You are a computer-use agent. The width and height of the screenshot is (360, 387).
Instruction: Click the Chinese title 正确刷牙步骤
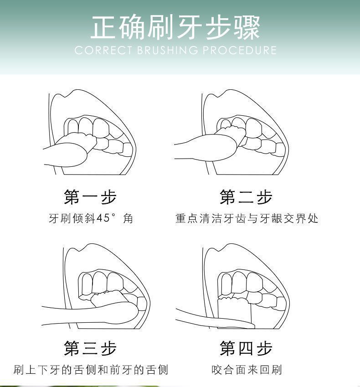[175, 27]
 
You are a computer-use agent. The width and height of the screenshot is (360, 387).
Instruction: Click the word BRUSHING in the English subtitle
[168, 50]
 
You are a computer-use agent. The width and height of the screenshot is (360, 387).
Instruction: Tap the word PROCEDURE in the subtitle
[240, 50]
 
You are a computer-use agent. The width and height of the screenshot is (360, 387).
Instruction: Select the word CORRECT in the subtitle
[103, 50]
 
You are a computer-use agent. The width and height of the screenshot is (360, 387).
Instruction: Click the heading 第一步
[90, 197]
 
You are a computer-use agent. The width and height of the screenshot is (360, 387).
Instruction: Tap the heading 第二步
[246, 197]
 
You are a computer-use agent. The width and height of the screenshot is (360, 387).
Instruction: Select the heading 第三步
[90, 348]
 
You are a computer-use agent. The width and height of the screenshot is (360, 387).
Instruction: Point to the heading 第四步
[246, 348]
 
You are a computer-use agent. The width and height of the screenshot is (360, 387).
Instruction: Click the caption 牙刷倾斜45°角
[91, 218]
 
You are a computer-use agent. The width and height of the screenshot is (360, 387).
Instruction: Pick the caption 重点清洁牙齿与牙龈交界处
[247, 218]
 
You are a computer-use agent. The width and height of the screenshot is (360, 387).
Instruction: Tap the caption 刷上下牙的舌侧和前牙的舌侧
[91, 370]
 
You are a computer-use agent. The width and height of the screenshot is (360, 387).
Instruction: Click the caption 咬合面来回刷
[247, 370]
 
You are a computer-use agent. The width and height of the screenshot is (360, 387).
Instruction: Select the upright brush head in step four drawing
[234, 311]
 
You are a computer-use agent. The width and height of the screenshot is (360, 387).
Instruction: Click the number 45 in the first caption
[103, 218]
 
